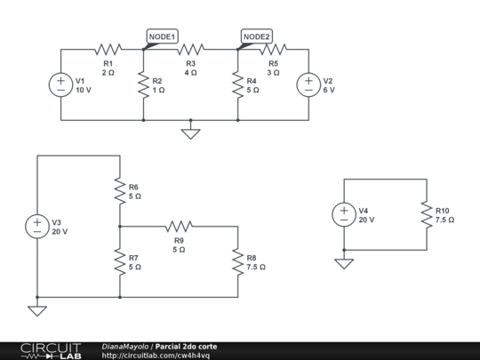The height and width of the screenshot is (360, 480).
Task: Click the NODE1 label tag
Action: coord(163,36)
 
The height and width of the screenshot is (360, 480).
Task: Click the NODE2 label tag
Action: coord(257,36)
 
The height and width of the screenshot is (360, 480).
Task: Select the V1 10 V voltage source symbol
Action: coord(60,84)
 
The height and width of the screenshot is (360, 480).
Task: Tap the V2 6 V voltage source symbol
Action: coord(308,84)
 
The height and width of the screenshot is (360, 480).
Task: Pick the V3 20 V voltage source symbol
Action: coord(37,226)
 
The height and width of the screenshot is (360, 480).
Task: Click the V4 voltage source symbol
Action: coord(344,214)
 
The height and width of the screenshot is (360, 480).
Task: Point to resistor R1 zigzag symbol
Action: coord(108,50)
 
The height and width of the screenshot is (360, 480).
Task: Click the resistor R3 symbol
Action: coord(190,50)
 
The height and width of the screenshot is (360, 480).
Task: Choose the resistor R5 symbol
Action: coord(274,50)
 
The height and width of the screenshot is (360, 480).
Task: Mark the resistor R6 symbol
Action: coord(119,190)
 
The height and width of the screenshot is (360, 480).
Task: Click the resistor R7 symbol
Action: coord(119,261)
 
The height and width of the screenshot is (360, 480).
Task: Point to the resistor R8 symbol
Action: coord(237,261)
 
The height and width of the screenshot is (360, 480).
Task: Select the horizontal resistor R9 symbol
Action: coord(179,227)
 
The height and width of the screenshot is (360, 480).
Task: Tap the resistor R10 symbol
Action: coord(427,214)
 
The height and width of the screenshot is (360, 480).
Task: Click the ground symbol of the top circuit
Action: coord(189,133)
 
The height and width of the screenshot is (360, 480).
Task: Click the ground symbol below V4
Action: coord(344,262)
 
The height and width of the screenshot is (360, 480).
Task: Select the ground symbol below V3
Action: coord(37,309)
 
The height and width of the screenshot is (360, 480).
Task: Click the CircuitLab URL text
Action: coord(156,355)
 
